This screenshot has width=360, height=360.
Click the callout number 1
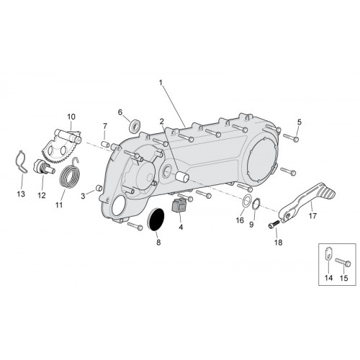tap(161, 83)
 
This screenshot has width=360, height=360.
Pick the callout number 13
tap(21, 194)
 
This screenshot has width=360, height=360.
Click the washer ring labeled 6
tap(134, 126)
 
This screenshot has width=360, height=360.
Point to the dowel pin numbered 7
tap(104, 144)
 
